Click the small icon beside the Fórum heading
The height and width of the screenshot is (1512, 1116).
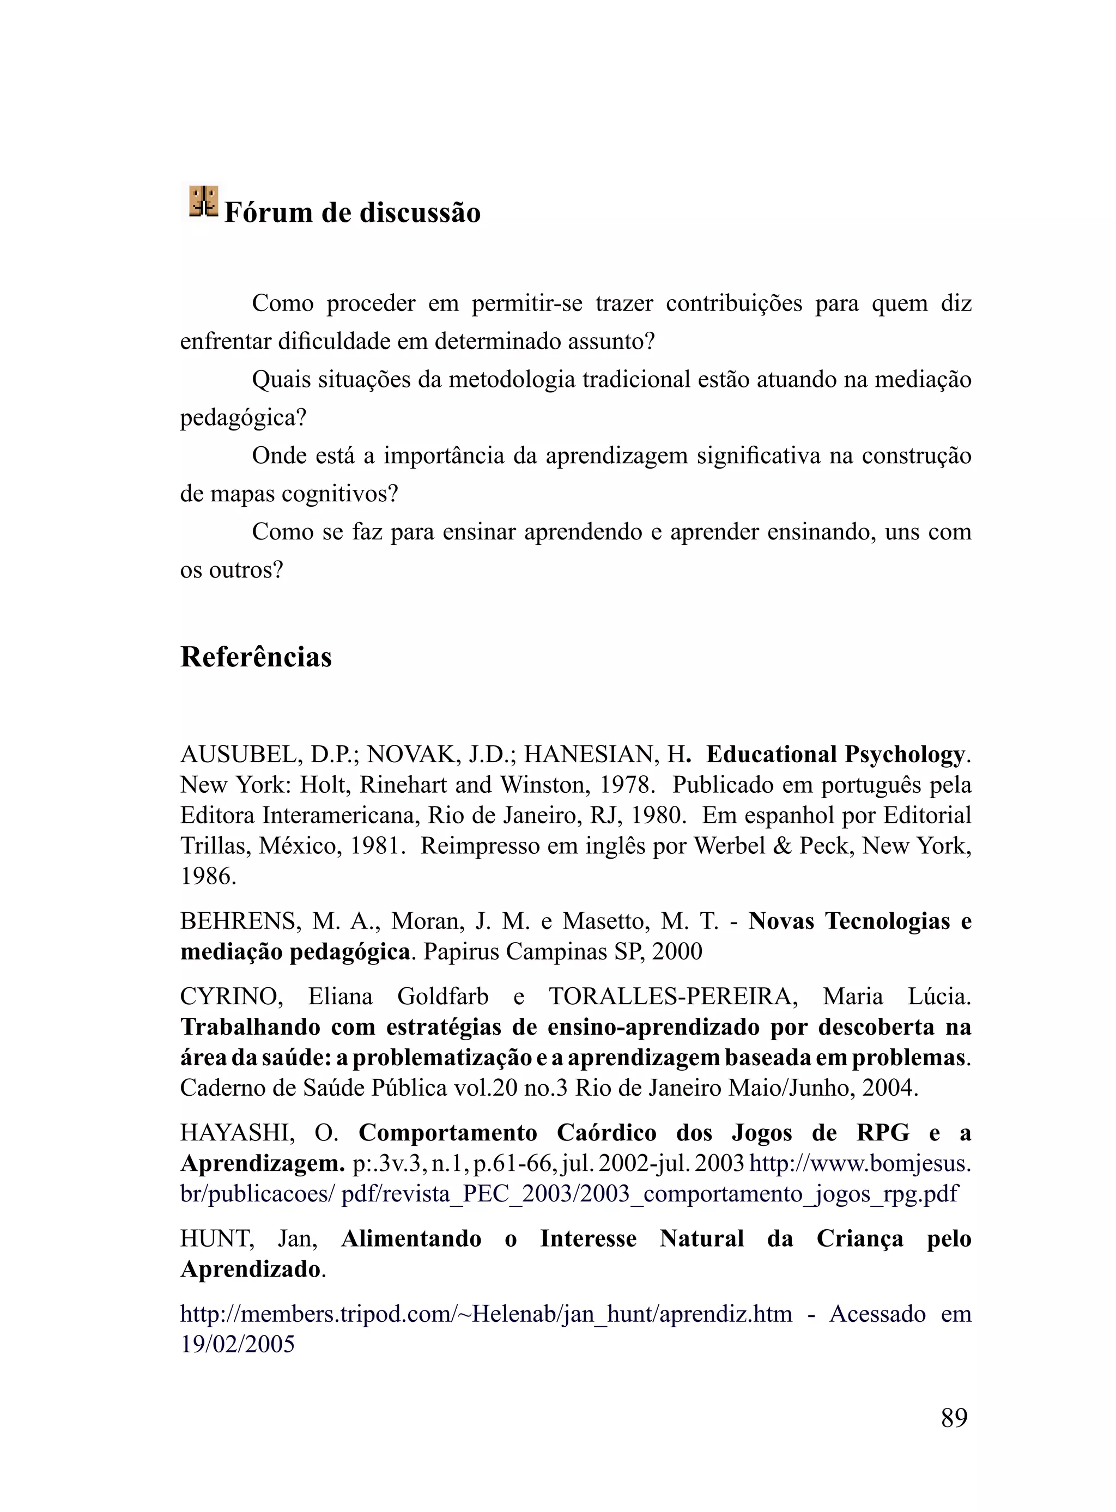point(203,201)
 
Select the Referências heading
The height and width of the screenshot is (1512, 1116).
point(256,657)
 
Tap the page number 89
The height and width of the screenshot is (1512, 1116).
point(954,1418)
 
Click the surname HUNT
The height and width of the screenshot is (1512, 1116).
point(217,1239)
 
